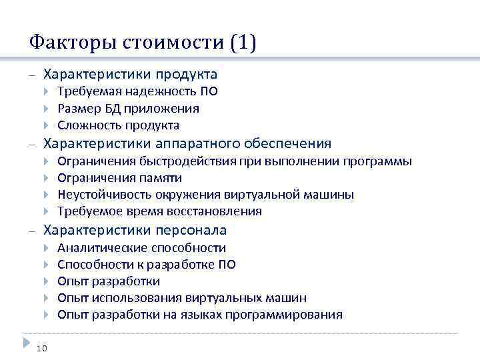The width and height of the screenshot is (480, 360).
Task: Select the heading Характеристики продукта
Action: tap(130, 73)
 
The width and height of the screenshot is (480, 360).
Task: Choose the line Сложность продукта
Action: tap(118, 125)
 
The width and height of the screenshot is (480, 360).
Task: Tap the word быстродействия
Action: tap(181, 161)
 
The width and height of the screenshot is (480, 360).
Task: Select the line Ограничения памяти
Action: tap(119, 178)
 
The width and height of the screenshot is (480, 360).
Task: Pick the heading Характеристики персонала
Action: tap(135, 230)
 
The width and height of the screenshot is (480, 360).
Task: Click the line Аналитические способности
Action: tap(141, 248)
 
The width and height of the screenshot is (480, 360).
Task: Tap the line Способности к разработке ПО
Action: tap(146, 265)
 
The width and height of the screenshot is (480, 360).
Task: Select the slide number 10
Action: tap(42, 347)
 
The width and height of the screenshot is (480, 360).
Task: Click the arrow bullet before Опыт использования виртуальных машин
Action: tap(46, 298)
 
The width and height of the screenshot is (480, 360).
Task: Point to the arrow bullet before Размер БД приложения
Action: tap(46, 108)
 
